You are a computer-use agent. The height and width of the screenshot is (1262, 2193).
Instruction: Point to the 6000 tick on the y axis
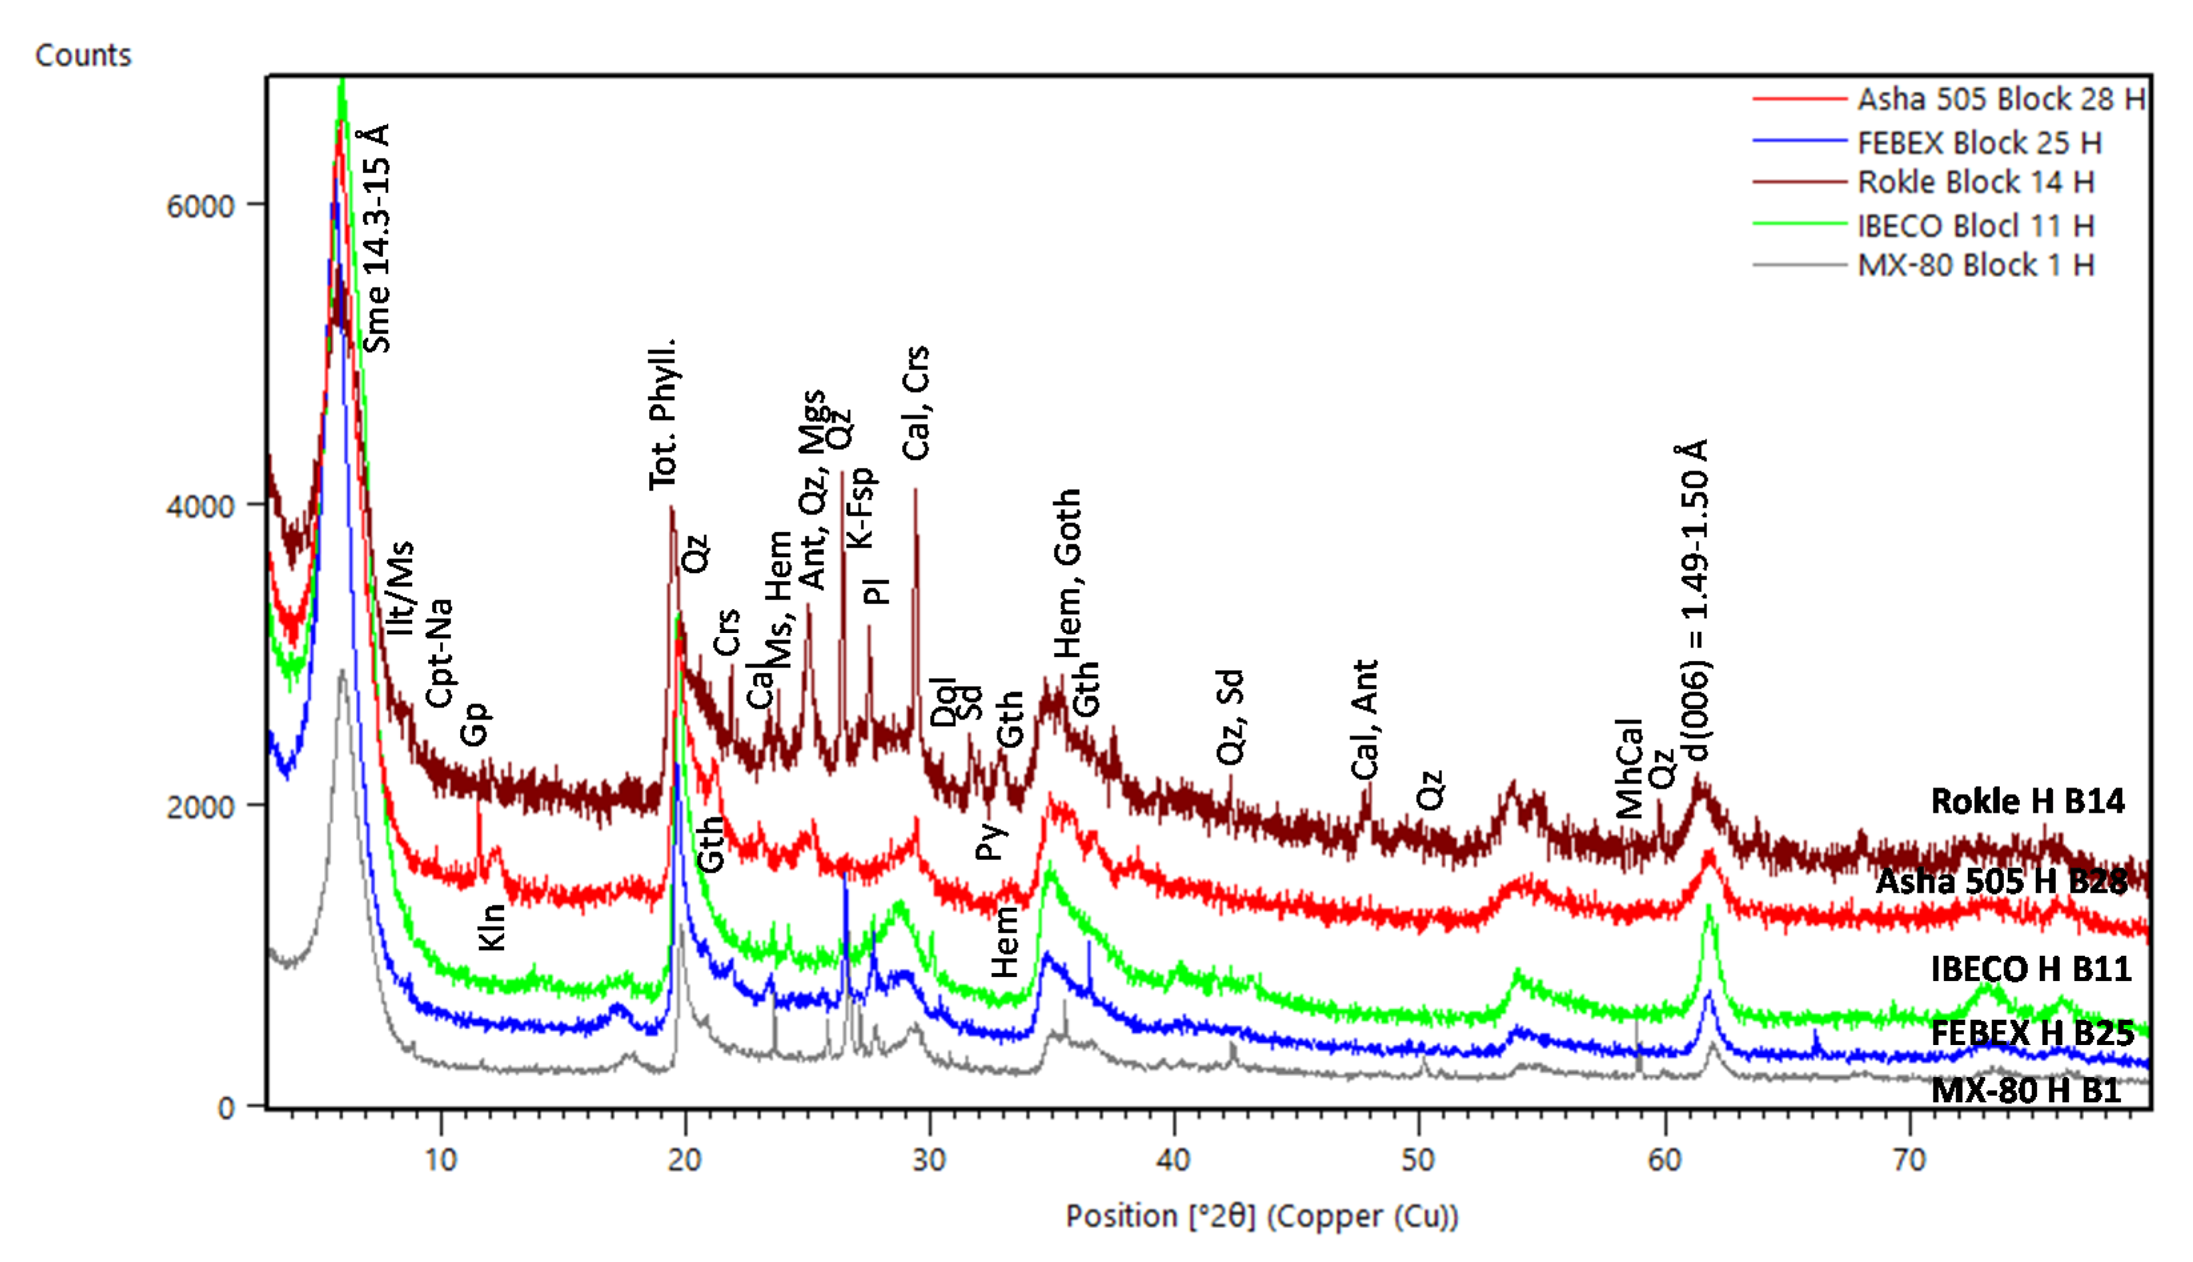(200, 206)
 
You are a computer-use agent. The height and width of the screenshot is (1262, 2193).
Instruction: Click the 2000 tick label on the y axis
(200, 807)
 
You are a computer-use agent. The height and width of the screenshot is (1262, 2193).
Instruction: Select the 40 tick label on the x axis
(1173, 1159)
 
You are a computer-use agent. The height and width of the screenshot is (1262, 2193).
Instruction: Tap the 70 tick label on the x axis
(1909, 1159)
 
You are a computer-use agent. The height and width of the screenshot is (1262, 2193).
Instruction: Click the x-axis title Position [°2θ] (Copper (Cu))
(1261, 1216)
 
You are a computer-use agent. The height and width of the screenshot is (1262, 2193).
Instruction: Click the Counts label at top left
(83, 55)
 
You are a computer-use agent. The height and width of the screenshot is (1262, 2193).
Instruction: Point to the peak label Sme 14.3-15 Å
(377, 238)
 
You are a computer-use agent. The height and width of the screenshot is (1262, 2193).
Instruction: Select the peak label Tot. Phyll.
(663, 414)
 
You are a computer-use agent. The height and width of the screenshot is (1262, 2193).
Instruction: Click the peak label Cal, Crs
(915, 403)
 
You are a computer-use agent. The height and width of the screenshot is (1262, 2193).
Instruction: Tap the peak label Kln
(491, 927)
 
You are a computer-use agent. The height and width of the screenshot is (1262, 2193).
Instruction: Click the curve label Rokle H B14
(2027, 801)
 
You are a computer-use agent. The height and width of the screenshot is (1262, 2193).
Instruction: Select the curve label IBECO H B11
(2030, 969)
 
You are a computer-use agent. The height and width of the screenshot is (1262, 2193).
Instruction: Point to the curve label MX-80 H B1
(2026, 1090)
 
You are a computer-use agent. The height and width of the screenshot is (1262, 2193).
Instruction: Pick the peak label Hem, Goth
(1068, 574)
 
